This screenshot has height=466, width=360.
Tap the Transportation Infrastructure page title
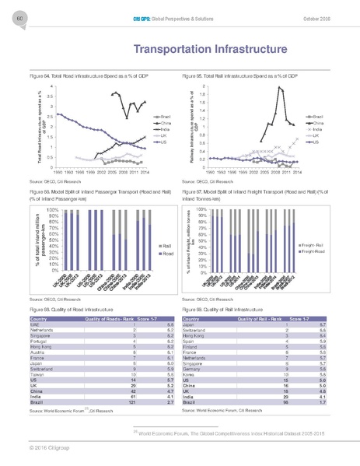pyautogui.click(x=180, y=49)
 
